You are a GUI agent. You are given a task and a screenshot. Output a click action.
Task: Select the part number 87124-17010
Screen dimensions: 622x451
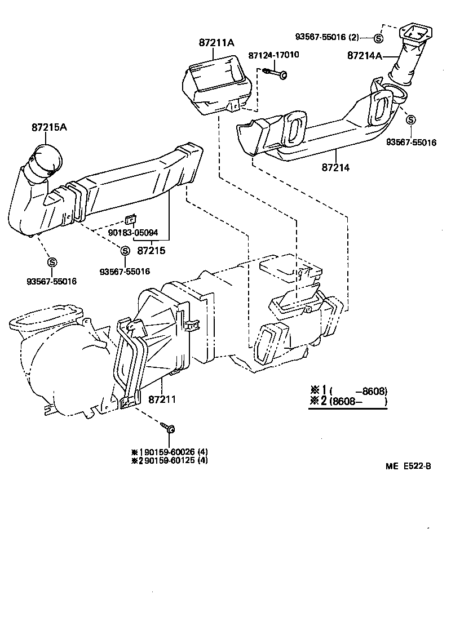(273, 55)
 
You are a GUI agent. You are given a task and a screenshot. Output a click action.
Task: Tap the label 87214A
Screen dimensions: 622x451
(365, 56)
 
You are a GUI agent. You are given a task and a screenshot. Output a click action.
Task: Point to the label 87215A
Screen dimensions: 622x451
(49, 127)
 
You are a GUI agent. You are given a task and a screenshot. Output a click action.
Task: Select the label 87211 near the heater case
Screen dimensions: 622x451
(162, 399)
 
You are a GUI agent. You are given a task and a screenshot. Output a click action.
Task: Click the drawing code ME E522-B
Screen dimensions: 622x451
(409, 466)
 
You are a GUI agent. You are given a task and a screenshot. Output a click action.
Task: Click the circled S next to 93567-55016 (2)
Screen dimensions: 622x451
(378, 38)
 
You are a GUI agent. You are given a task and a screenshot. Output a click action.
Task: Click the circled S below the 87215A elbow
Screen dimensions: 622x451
(52, 262)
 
